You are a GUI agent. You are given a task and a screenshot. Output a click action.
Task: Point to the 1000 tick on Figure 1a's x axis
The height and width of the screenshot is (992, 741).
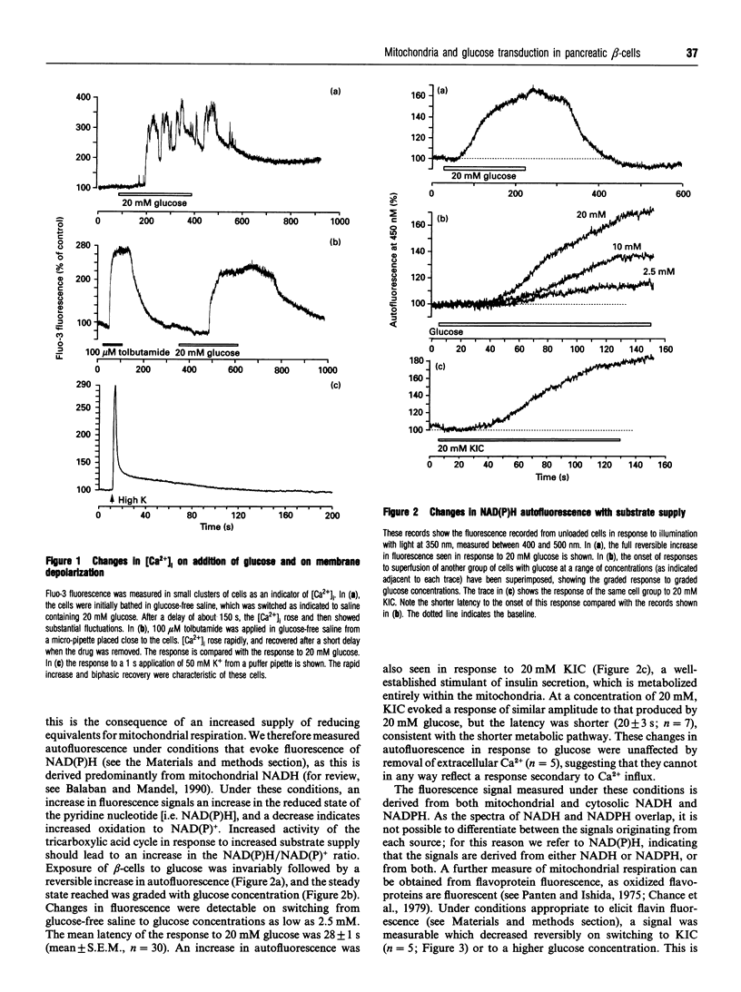[339, 222]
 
